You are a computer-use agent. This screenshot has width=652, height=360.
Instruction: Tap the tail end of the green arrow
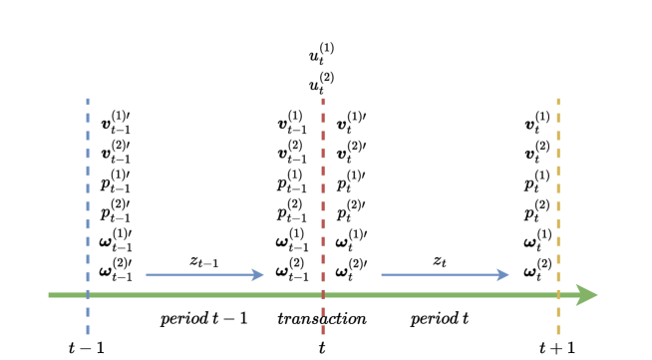[50, 295]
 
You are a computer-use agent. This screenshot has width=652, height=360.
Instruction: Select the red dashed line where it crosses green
[323, 295]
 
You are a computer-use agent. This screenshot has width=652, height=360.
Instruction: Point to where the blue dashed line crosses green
[88, 295]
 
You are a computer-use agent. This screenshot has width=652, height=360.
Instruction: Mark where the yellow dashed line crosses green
[558, 295]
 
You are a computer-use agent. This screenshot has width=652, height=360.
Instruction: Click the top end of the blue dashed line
[88, 99]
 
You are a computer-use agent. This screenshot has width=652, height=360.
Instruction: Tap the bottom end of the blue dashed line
[88, 334]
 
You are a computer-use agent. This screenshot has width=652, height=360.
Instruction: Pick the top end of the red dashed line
[323, 99]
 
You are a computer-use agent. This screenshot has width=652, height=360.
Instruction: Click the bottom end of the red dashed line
[323, 334]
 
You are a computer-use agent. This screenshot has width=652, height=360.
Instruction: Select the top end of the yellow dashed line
[558, 99]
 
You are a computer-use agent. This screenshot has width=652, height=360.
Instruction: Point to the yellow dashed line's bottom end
[558, 334]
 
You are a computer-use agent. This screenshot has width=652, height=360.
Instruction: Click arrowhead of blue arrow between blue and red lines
[260, 274]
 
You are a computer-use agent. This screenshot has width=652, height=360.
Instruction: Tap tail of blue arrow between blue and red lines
[148, 274]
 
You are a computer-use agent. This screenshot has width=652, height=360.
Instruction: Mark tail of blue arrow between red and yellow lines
[383, 274]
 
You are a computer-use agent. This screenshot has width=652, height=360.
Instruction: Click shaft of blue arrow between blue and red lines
[199, 274]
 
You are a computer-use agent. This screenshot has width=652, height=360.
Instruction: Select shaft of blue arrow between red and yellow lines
[439, 274]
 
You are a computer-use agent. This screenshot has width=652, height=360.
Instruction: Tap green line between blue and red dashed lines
[205, 295]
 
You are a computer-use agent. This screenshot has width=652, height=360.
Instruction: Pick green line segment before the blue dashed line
[68, 295]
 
